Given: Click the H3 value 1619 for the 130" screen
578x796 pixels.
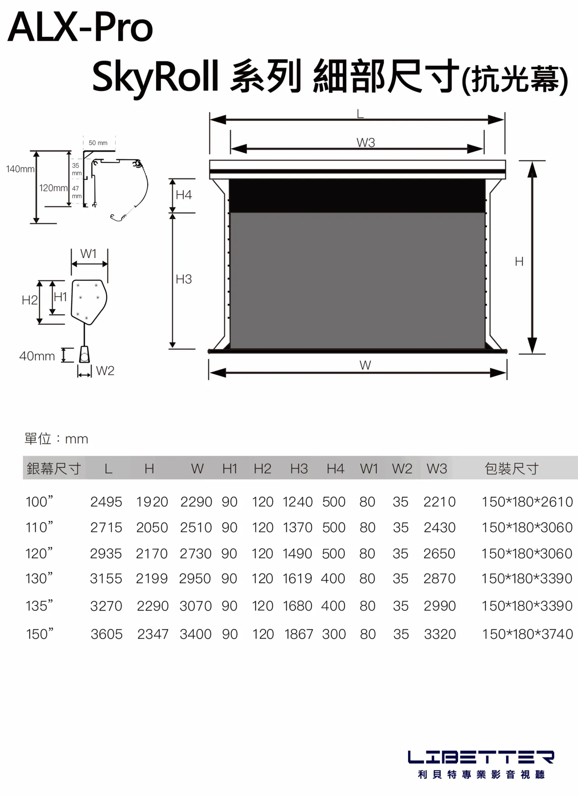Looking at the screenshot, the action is (297, 579).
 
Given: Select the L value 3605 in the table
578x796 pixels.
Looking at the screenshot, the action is (107, 634).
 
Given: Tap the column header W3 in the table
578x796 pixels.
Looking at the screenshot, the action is (437, 469).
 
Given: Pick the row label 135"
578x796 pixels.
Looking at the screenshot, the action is (39, 606).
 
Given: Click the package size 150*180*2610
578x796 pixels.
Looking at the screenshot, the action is (527, 502).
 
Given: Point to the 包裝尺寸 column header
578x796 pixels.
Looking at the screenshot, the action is (512, 469).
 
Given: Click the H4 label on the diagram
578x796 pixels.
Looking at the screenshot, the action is (184, 195).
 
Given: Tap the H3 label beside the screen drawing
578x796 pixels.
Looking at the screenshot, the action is (184, 279).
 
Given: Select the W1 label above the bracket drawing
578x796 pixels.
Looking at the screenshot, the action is (89, 254).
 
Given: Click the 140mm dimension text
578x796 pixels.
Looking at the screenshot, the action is (20, 169).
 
